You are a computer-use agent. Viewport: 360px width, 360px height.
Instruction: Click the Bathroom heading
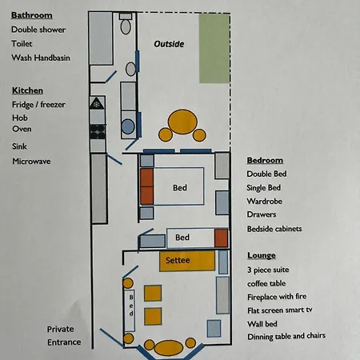coord(32,15)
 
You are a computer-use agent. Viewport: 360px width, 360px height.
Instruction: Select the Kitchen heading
coord(27,90)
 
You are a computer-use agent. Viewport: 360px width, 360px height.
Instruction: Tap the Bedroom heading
coord(265,160)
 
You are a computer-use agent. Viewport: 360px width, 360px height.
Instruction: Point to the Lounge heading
coord(262,255)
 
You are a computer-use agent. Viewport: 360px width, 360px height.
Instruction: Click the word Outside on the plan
coord(169,45)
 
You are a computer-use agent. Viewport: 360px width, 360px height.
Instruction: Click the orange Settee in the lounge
coord(187,261)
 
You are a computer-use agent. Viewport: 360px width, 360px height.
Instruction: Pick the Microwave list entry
coord(32,161)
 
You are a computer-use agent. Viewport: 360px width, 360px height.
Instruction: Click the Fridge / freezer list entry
coord(38,105)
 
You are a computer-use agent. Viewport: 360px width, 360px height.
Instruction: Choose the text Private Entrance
coord(64,335)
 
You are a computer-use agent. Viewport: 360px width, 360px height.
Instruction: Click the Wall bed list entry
coord(265,324)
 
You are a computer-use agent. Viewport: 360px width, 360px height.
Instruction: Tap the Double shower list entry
coord(39,30)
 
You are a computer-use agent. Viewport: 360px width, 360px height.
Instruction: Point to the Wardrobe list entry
coord(266,201)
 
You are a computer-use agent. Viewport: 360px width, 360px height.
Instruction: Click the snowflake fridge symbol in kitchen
coord(97,104)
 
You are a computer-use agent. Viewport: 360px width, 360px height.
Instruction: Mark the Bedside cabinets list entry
coord(274,229)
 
